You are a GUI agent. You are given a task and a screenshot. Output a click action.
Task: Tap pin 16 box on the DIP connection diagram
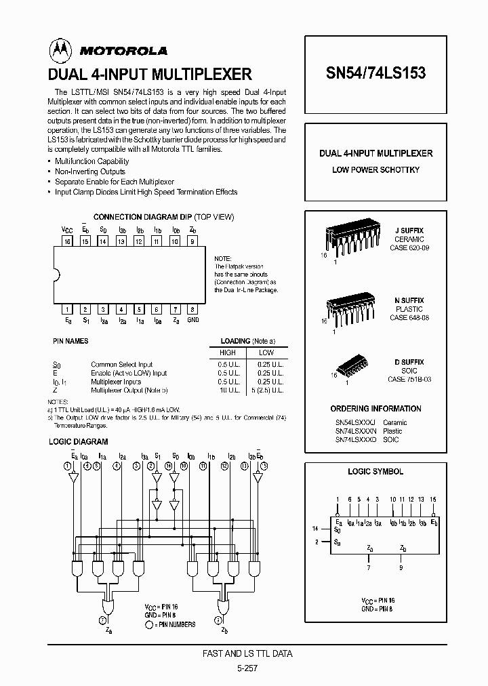pyautogui.click(x=68, y=240)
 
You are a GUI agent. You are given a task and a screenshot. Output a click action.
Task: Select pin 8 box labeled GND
pyautogui.click(x=192, y=309)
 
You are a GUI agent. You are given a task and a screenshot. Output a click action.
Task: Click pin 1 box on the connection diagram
pyautogui.click(x=68, y=309)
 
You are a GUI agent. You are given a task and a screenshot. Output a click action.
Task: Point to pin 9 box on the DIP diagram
pyautogui.click(x=192, y=240)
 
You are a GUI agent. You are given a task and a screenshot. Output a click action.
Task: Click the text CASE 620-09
pyautogui.click(x=409, y=248)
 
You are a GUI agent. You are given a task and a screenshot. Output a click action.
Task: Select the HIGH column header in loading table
pyautogui.click(x=227, y=353)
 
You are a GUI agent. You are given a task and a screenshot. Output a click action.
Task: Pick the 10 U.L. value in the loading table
pyautogui.click(x=227, y=390)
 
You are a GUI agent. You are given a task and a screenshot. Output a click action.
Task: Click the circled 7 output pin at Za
pyautogui.click(x=103, y=620)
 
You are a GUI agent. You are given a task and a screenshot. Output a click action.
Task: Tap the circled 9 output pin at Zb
pyautogui.click(x=216, y=620)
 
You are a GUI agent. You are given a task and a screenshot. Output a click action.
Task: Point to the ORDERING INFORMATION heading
pyautogui.click(x=375, y=409)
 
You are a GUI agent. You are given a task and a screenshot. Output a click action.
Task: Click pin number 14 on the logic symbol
pyautogui.click(x=314, y=527)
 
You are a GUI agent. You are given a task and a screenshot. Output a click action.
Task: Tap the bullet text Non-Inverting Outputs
pyautogui.click(x=90, y=171)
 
